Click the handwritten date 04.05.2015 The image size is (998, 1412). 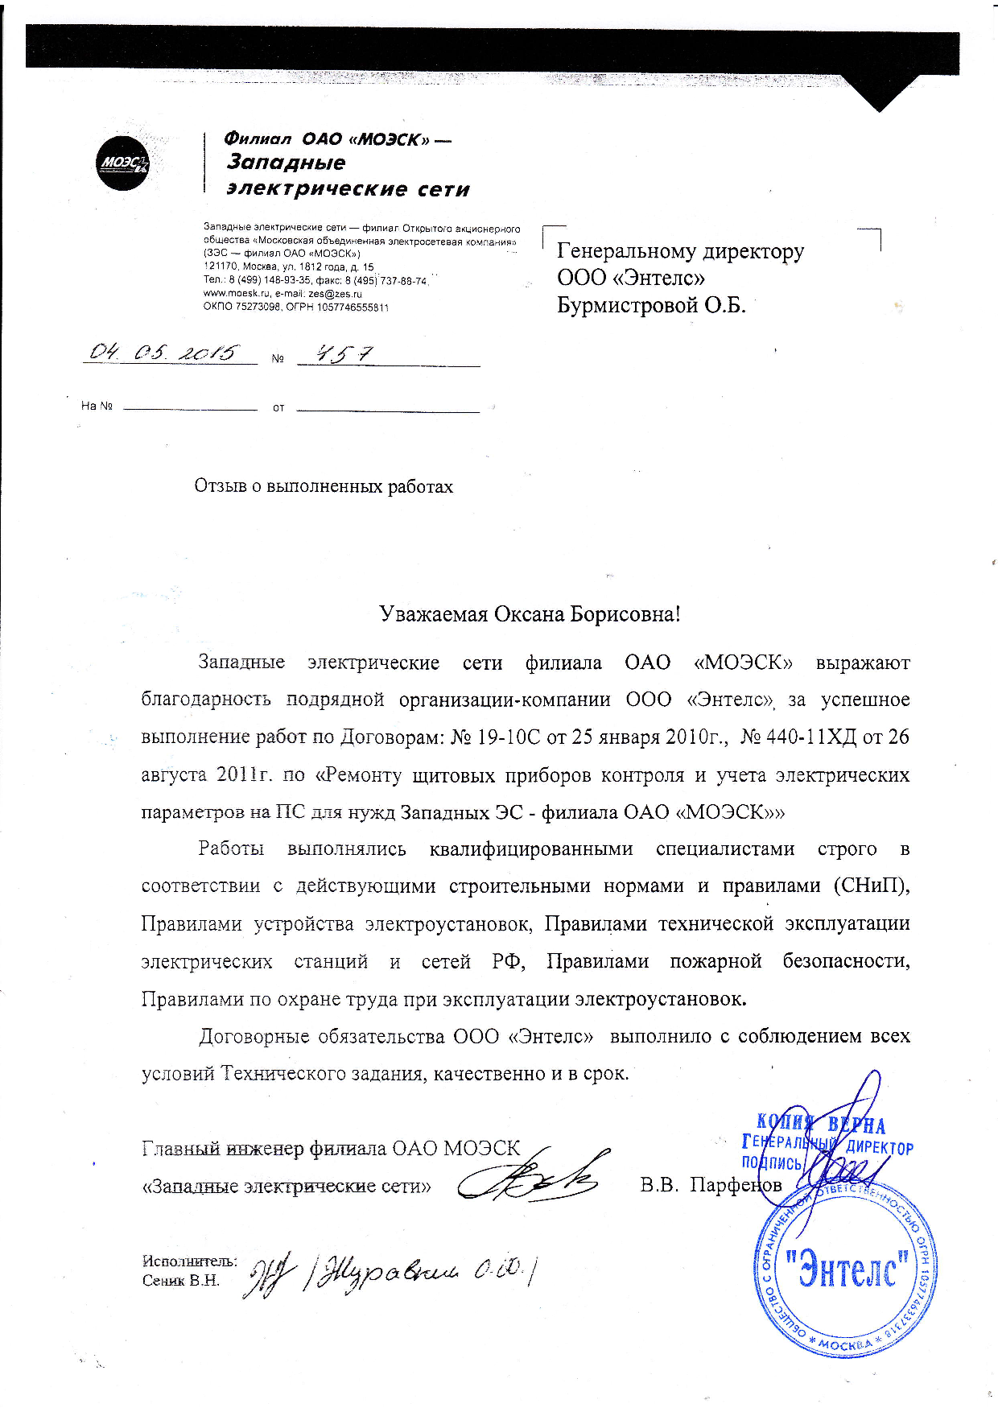[164, 353]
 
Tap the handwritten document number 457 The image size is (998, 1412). [336, 353]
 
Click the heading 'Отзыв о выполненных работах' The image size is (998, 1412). [324, 486]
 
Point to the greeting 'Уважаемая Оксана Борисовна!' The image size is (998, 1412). [530, 614]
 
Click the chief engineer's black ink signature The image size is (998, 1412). [530, 1179]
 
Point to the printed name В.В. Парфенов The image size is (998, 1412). [711, 1185]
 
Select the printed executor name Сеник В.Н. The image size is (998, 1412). [181, 1281]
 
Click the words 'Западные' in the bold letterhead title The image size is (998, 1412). [286, 163]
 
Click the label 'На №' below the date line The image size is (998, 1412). [96, 406]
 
